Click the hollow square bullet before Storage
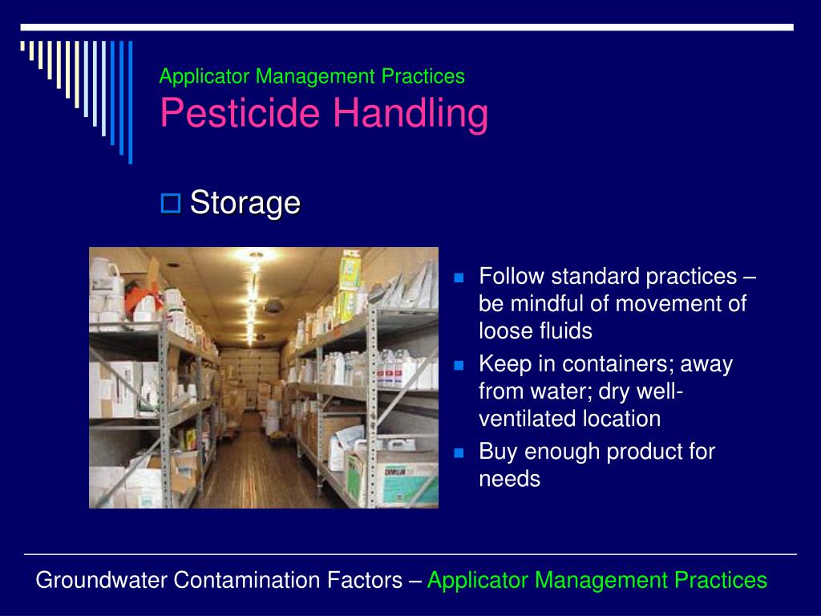[x=171, y=203]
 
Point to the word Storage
[x=245, y=203]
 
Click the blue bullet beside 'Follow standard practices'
[x=459, y=278]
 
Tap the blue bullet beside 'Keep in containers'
[x=459, y=365]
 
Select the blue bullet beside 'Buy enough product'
[x=459, y=452]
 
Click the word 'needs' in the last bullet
[x=509, y=480]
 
